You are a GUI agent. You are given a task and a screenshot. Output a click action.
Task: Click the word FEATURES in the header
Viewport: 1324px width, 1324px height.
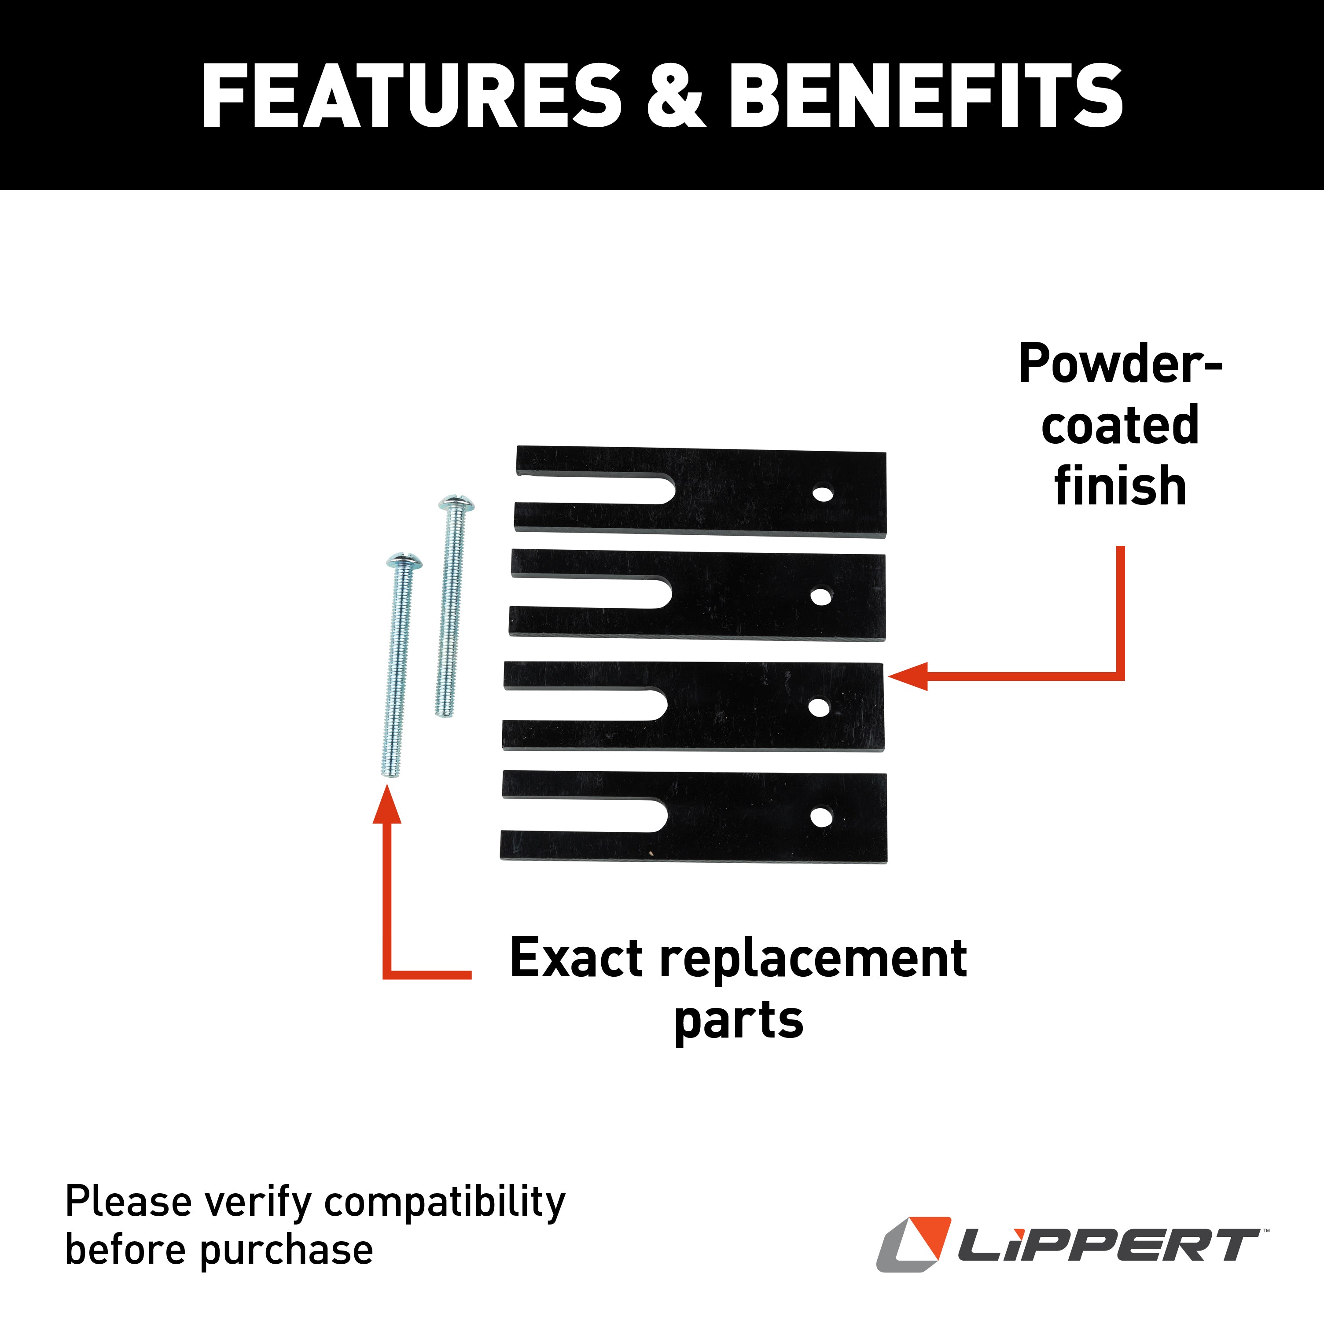click(x=411, y=96)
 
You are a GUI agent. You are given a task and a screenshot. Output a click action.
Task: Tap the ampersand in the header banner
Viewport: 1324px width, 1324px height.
click(x=675, y=96)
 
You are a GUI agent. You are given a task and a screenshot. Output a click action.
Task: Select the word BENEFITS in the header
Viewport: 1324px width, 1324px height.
click(x=925, y=96)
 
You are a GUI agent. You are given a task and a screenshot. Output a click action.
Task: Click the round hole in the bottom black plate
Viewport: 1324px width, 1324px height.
click(x=821, y=816)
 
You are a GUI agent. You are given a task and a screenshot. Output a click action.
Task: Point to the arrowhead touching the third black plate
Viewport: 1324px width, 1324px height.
click(x=908, y=677)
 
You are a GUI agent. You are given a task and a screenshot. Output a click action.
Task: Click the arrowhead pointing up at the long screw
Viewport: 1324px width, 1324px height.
click(x=387, y=805)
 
